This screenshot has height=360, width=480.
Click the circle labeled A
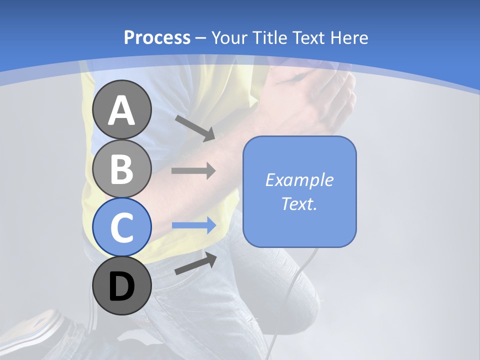tap(121, 109)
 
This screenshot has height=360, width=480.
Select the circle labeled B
tap(121, 168)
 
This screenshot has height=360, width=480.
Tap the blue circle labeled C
tap(121, 227)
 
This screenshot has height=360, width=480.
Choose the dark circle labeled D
tap(121, 285)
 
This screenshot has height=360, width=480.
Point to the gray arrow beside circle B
tap(193, 170)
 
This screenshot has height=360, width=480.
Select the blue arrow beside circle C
tap(193, 225)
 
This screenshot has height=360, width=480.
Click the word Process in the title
tap(157, 37)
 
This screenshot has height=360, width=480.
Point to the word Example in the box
tap(299, 180)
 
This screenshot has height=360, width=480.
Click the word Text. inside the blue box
tap(299, 203)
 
